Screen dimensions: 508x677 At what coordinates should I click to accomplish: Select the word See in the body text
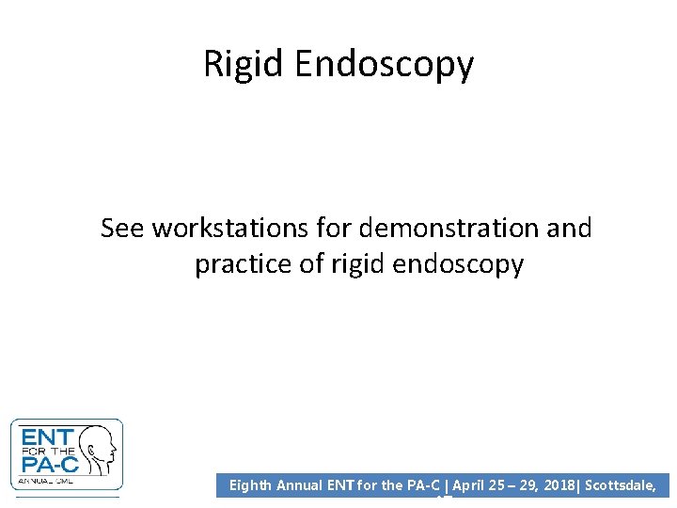click(x=122, y=229)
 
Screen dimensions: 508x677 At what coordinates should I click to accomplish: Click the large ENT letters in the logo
click(x=43, y=438)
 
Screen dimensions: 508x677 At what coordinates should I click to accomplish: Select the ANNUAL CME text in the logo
click(x=48, y=482)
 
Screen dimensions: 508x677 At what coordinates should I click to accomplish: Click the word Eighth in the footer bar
click(x=251, y=486)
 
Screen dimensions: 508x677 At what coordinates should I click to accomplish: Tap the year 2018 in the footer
click(x=560, y=486)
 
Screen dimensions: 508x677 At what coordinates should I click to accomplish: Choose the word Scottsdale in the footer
click(x=626, y=486)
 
